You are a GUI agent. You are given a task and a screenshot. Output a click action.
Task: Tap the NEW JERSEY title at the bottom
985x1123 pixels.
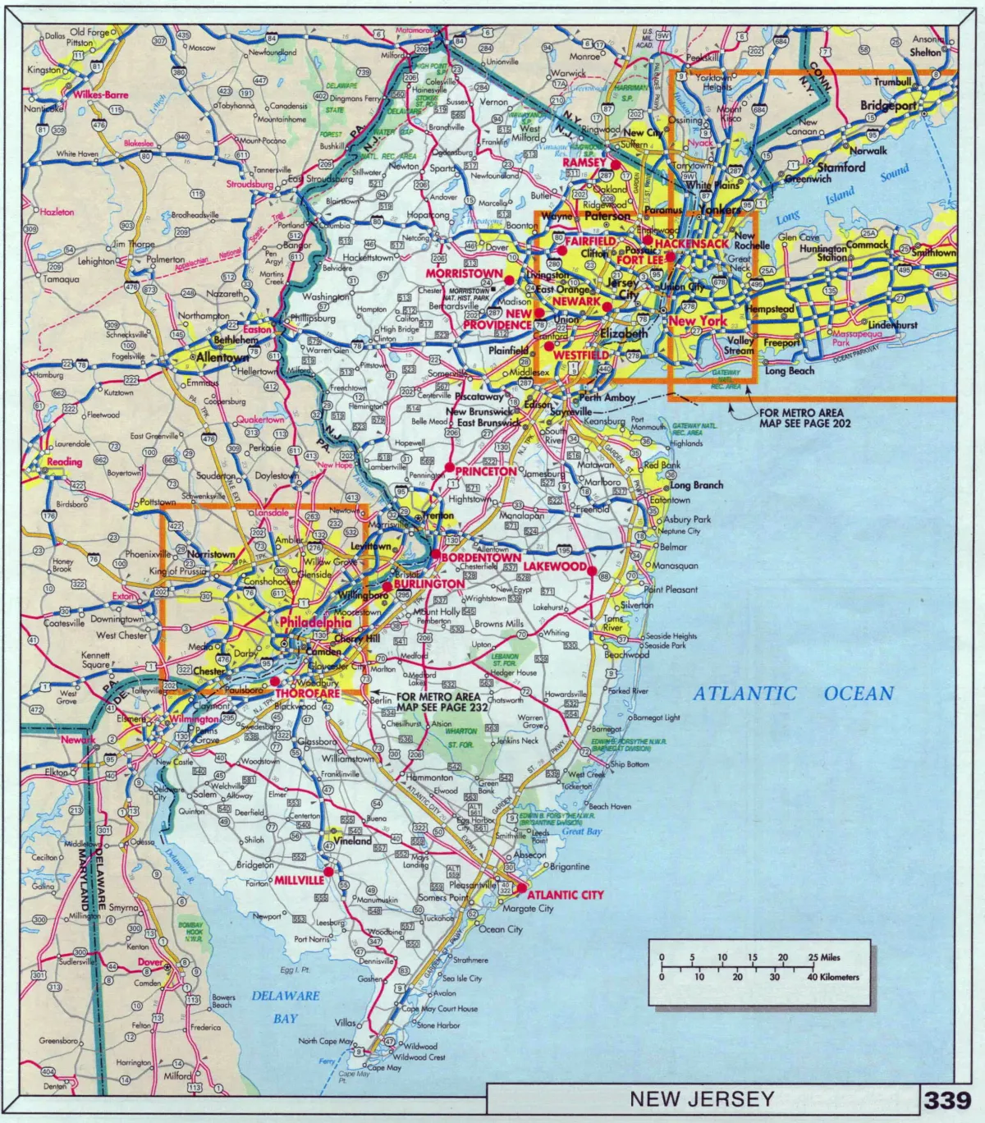[x=702, y=1098]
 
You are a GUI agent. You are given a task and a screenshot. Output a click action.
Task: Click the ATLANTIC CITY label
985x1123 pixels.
[x=565, y=895]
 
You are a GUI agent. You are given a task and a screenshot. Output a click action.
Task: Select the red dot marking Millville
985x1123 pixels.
[x=328, y=871]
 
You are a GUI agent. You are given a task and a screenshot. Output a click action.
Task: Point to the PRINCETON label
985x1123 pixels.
[x=486, y=472]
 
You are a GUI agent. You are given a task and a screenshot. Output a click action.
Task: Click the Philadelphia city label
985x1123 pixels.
[x=315, y=622]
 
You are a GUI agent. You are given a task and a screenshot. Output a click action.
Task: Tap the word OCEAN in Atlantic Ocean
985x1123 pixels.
[x=859, y=694]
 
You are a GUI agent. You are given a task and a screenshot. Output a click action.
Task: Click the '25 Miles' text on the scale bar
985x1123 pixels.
[x=824, y=957]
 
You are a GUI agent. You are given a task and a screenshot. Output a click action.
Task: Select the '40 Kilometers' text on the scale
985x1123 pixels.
[x=833, y=977]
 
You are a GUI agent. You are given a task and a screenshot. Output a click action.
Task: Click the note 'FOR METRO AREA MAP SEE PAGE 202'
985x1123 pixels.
[x=804, y=419]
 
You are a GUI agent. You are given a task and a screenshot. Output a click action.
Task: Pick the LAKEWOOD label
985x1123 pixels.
[x=555, y=566]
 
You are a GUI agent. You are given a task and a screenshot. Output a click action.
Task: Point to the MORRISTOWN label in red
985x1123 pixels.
[x=464, y=273]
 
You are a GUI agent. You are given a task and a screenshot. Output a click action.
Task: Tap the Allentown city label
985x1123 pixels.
[x=222, y=358]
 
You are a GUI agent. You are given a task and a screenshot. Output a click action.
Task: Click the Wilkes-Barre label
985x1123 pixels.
[x=101, y=95]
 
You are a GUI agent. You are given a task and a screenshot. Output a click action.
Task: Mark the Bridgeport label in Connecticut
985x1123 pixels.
[x=888, y=106]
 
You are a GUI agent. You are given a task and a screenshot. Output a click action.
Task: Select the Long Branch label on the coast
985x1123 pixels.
[x=696, y=485]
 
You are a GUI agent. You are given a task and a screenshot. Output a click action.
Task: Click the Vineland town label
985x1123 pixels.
[x=353, y=841]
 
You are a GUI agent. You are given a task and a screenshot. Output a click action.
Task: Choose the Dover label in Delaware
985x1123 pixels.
[x=150, y=962]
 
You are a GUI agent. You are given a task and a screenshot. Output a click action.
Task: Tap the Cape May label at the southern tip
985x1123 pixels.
[x=384, y=1068]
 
